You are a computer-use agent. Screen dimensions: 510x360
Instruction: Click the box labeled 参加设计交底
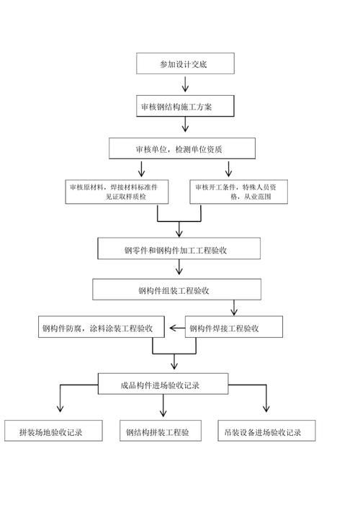[186, 63]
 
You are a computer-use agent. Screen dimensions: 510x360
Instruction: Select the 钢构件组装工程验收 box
[179, 290]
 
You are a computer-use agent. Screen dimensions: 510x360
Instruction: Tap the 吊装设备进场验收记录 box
[266, 432]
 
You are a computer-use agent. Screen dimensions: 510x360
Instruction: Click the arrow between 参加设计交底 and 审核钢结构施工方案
[186, 84]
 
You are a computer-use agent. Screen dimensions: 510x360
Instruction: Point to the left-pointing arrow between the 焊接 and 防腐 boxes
[177, 328]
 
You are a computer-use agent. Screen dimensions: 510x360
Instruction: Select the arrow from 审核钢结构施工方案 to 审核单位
[186, 126]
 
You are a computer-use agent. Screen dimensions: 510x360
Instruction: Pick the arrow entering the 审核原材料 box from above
[142, 169]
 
